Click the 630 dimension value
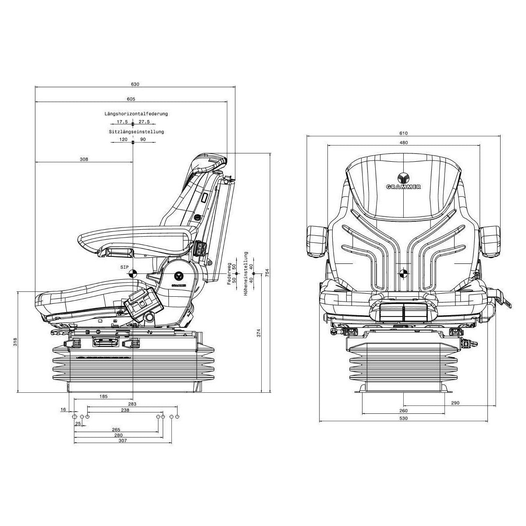[135, 84]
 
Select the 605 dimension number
[131, 99]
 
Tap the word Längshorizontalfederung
[136, 114]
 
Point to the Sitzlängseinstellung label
[136, 132]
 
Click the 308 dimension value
[84, 159]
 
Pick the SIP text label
[124, 267]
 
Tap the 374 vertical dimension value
[259, 333]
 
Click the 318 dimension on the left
[15, 342]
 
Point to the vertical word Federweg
[229, 274]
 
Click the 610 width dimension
[403, 133]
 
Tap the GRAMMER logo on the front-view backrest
[403, 181]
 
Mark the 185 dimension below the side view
[103, 396]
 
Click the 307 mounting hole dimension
[123, 440]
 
